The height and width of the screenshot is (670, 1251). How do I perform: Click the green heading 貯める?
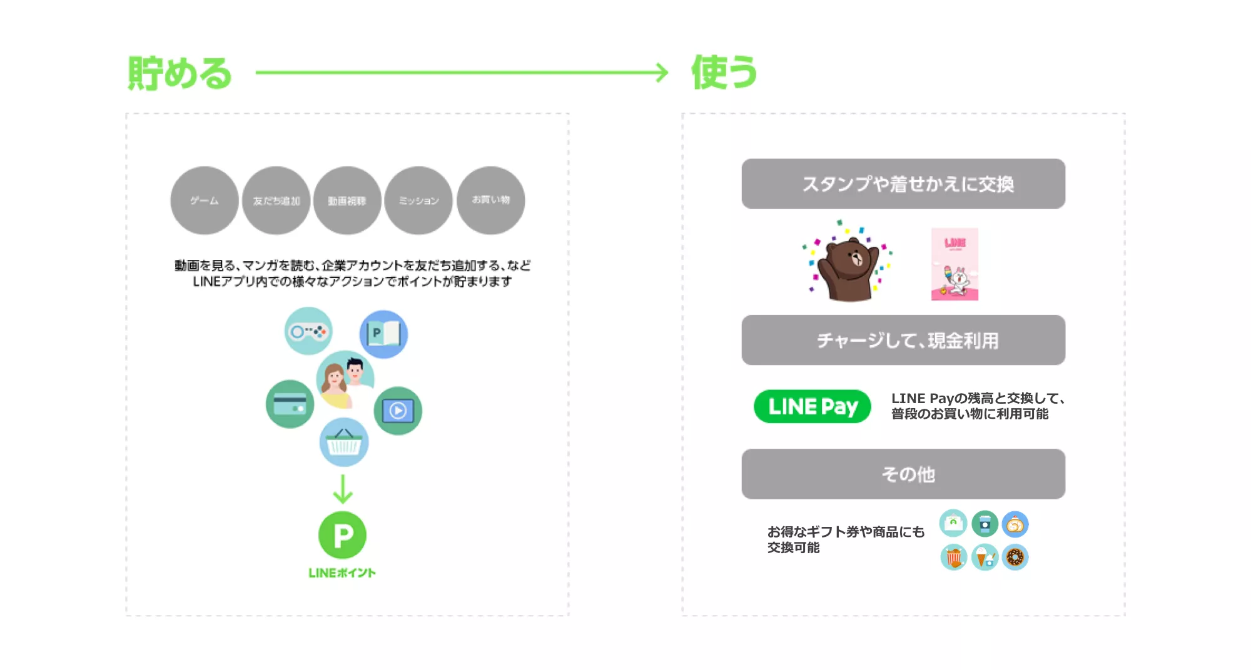click(x=180, y=73)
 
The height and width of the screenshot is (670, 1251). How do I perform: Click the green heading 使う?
click(x=724, y=72)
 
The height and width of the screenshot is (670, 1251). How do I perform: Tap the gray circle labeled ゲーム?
click(x=205, y=201)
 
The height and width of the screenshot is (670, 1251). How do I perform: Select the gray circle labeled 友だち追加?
click(x=276, y=201)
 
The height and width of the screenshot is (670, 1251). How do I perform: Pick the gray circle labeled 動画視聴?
click(x=347, y=201)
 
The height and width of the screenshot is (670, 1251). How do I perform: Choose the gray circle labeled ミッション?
click(x=418, y=201)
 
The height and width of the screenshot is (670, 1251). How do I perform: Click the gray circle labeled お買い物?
click(x=491, y=201)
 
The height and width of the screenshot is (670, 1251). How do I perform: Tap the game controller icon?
click(x=308, y=331)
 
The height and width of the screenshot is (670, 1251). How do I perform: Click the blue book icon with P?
click(x=383, y=334)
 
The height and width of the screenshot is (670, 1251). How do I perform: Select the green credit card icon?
click(x=290, y=404)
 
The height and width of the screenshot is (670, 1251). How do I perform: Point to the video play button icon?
click(x=398, y=411)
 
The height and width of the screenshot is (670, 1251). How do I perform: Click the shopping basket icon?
click(x=344, y=442)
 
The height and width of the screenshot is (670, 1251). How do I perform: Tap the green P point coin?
click(x=342, y=535)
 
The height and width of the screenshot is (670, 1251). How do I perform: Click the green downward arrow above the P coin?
click(x=343, y=489)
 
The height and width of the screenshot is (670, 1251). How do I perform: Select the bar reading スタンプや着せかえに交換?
click(x=903, y=184)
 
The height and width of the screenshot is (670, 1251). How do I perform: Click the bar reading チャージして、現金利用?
click(x=903, y=340)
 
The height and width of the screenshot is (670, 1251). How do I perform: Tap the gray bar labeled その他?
click(x=903, y=474)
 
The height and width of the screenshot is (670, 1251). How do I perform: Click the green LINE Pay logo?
click(x=812, y=406)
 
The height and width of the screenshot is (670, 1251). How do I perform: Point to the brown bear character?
click(x=849, y=266)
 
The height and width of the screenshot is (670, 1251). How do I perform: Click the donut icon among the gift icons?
click(x=1015, y=557)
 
